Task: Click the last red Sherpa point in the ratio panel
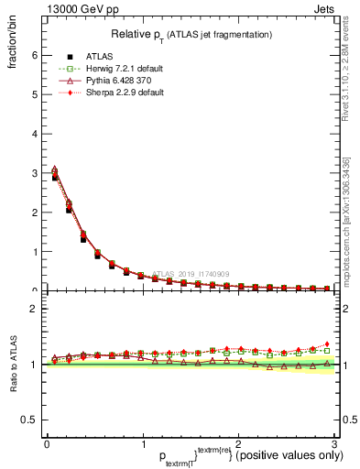pyautogui.click(x=327, y=344)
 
